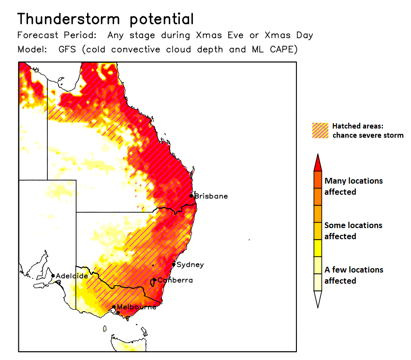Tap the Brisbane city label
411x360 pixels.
[211, 196]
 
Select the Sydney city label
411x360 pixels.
[190, 265]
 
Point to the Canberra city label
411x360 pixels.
[175, 280]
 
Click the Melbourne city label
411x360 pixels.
[137, 307]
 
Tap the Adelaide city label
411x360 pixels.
[72, 276]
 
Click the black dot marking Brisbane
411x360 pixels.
[191, 196]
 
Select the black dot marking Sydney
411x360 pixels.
[174, 265]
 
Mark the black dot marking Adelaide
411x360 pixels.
[53, 276]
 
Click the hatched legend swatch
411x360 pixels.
[320, 130]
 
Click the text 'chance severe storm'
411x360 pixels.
[367, 135]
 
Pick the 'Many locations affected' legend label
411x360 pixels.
[353, 186]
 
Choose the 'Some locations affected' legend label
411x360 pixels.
[353, 230]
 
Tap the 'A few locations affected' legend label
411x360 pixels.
[353, 275]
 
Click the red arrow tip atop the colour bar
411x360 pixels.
[317, 163]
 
